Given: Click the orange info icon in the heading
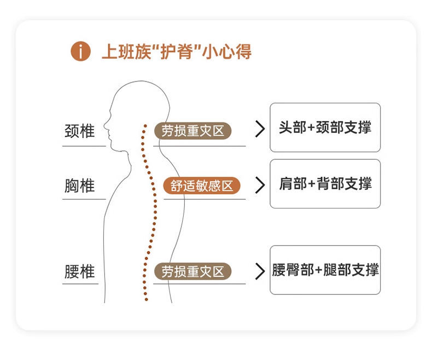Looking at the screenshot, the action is click(x=80, y=52).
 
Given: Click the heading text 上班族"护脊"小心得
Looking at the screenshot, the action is click(x=176, y=52).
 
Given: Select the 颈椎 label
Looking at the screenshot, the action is click(x=79, y=131).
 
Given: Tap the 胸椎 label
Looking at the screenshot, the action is click(x=79, y=186).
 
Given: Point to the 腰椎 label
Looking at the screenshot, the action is click(x=79, y=271).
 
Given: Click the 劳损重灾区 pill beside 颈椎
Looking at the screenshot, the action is click(x=193, y=131).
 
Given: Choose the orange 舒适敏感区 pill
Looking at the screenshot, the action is click(x=202, y=186).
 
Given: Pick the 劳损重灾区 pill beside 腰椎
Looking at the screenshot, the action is click(x=193, y=271).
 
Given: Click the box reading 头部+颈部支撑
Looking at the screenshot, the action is click(x=325, y=127).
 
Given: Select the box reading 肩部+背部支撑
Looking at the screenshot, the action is click(x=325, y=184).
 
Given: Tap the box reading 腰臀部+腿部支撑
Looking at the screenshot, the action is click(x=325, y=270).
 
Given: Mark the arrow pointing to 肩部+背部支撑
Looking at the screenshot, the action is click(x=260, y=185).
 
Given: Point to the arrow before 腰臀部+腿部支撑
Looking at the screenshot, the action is click(x=260, y=270).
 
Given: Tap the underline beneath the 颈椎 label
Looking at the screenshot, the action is click(x=84, y=146).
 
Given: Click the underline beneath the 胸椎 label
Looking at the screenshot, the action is click(x=84, y=199).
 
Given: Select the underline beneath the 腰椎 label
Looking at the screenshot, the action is click(x=80, y=283).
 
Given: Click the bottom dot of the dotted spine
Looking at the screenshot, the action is click(x=146, y=299).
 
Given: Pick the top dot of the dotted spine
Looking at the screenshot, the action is click(x=145, y=125).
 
